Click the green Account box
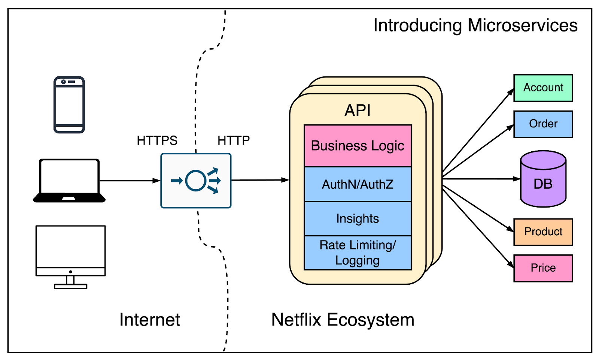[x=543, y=88]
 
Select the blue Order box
[x=543, y=124]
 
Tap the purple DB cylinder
[x=543, y=180]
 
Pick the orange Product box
[x=543, y=232]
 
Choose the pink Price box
[x=543, y=268]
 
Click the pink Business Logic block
[x=358, y=146]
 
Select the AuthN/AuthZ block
[x=358, y=184]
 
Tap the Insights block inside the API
[x=358, y=218]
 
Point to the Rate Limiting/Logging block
[x=358, y=252]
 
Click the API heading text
[x=358, y=111]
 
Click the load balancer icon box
[x=196, y=181]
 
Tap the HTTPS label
[x=157, y=140]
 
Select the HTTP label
[x=233, y=140]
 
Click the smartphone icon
[x=69, y=105]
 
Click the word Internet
[x=149, y=320]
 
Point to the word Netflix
[x=296, y=320]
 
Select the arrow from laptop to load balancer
[x=129, y=181]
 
